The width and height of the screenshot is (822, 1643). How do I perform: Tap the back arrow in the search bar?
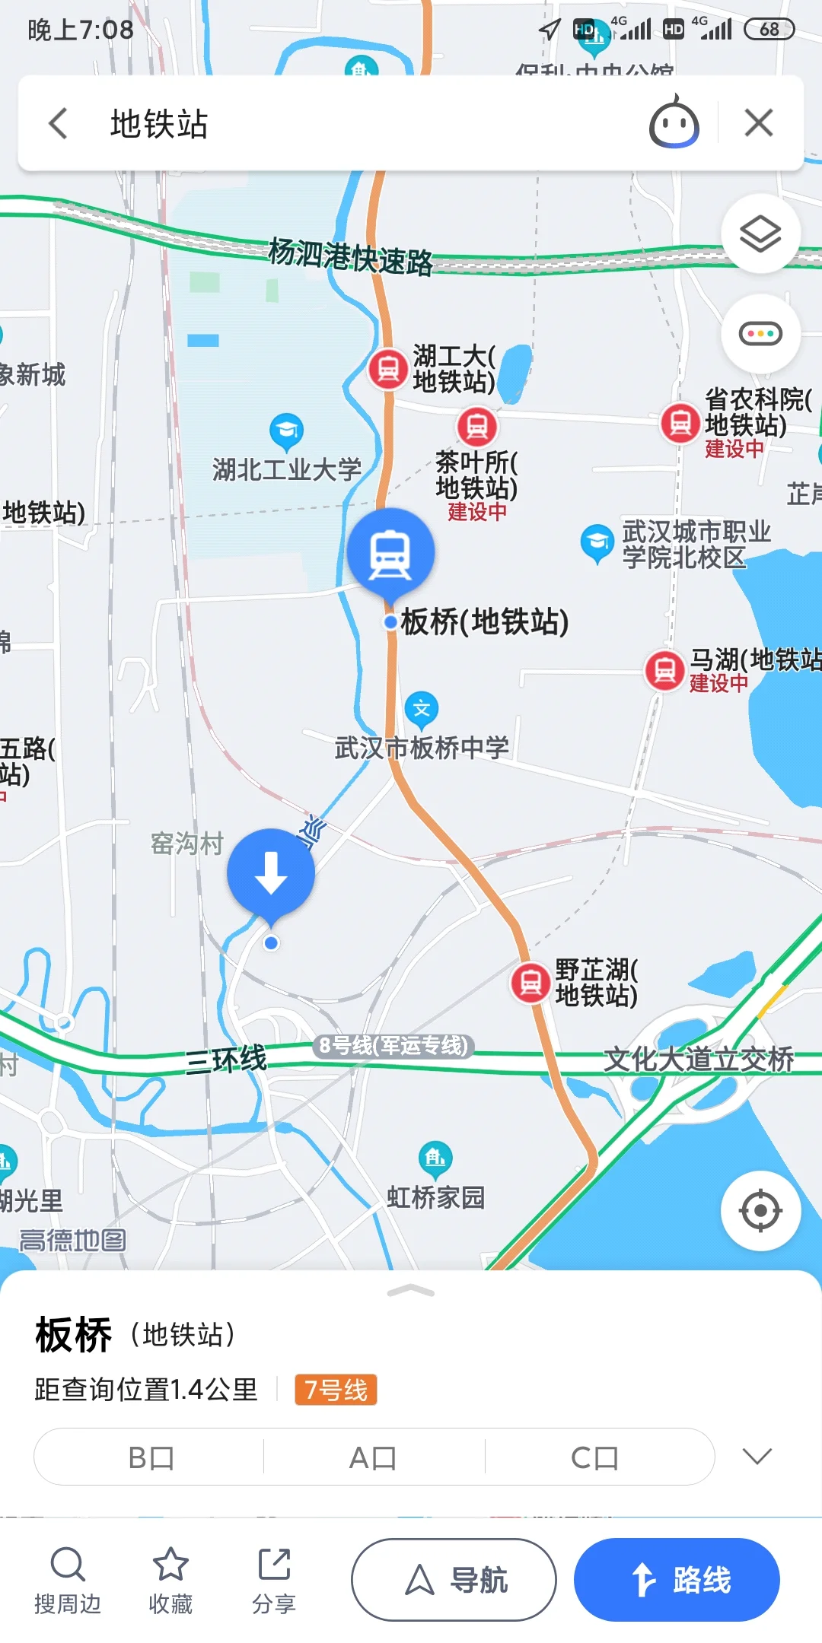(x=59, y=123)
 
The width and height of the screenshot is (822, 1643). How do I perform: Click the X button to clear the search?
(x=758, y=123)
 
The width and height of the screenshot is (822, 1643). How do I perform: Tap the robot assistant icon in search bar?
(x=674, y=123)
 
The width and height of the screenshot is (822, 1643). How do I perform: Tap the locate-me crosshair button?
(x=760, y=1210)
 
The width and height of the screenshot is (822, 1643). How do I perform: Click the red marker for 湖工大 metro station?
(x=388, y=369)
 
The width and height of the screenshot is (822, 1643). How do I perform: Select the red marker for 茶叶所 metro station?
(x=476, y=427)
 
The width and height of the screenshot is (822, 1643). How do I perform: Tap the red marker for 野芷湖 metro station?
(x=530, y=983)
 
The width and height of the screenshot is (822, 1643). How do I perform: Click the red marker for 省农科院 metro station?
(x=680, y=423)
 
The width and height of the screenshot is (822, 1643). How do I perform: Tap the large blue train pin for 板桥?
(x=390, y=553)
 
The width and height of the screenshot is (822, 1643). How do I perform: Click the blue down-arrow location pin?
(x=271, y=872)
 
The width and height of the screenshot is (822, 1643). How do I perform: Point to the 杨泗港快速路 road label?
(x=350, y=256)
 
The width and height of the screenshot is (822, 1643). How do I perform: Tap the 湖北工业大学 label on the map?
(x=287, y=469)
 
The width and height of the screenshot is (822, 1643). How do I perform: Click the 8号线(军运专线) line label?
(x=393, y=1046)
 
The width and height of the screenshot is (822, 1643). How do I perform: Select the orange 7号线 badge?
(x=336, y=1390)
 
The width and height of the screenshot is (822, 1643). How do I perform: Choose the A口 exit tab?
(x=373, y=1457)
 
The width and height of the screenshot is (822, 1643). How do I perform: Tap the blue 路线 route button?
(x=677, y=1580)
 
